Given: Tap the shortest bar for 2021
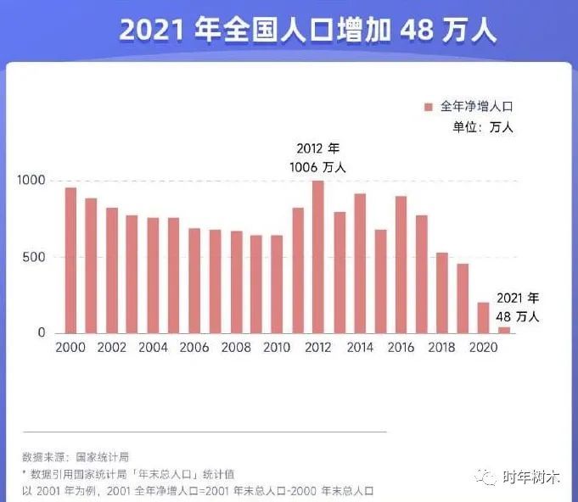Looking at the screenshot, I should (504, 330).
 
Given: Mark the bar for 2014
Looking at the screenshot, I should (360, 264).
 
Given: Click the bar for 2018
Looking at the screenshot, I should (441, 293).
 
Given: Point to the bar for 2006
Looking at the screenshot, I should (194, 281).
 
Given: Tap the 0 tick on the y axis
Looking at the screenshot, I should (41, 333).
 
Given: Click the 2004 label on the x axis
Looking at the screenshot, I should (153, 348).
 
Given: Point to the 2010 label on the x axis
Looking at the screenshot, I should (277, 348).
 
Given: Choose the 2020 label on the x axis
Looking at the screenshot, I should (483, 348).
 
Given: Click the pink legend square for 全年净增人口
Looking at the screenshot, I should (429, 107).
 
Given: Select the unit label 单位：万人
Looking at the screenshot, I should (483, 128).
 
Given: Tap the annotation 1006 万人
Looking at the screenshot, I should (317, 167).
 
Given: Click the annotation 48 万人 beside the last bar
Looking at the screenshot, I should (518, 316).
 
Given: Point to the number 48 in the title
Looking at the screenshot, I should (413, 31).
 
